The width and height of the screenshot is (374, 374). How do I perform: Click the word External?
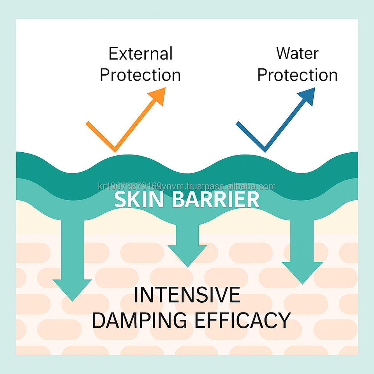click(140, 53)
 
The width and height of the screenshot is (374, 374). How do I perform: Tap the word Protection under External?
click(140, 75)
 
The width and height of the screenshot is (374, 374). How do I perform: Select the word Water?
click(297, 53)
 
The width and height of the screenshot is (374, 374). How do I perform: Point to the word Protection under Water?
click(297, 75)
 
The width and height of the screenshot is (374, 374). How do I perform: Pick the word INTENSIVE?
click(187, 295)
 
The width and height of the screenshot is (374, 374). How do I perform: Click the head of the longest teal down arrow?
click(72, 288)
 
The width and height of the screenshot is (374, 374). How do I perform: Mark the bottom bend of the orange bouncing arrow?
click(114, 150)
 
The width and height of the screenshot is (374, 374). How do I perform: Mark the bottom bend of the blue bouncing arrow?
click(265, 150)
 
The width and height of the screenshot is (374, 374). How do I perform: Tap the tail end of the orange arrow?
click(88, 123)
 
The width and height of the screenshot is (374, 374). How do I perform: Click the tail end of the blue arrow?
click(238, 123)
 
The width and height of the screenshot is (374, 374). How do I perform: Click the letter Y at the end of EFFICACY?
click(284, 320)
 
